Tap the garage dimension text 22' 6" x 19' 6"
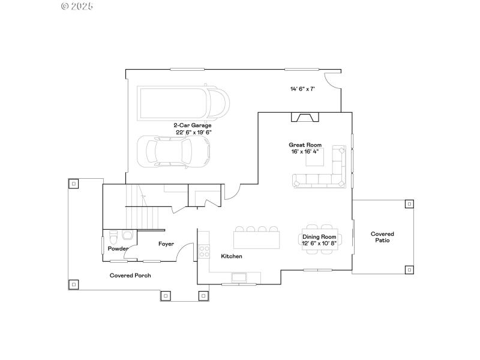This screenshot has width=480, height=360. point(193,132)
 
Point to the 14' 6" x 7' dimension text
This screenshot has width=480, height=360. point(302,89)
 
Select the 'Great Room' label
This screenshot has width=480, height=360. point(305,145)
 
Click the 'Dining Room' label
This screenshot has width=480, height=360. point(319,236)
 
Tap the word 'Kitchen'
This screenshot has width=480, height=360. point(232,256)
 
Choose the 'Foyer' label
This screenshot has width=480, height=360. point(166,244)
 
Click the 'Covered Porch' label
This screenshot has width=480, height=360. point(130,275)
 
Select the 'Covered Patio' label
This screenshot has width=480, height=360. point(382,237)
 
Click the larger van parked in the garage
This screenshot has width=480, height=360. point(183,103)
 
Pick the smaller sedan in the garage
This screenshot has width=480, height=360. point(173,151)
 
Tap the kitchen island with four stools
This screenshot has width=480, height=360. point(257,239)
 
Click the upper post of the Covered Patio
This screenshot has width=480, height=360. point(409,204)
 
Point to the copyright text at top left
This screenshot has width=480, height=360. point(78,6)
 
